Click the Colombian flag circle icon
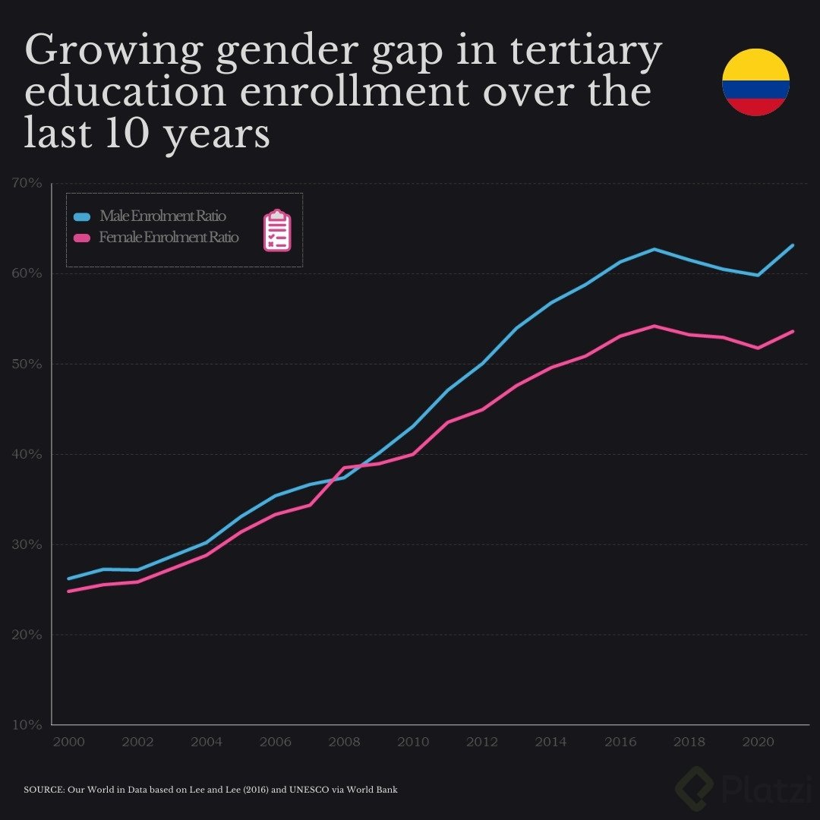click(x=755, y=82)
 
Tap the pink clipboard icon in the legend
click(x=277, y=230)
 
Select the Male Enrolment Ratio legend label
click(x=162, y=216)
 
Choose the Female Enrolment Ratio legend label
click(x=169, y=237)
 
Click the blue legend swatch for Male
click(x=82, y=216)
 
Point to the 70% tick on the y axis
click(x=27, y=183)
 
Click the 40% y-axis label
click(x=27, y=454)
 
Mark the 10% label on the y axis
click(x=27, y=725)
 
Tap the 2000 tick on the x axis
click(x=68, y=742)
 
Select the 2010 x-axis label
click(x=413, y=742)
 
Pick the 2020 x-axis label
click(x=758, y=742)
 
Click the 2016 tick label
click(x=620, y=742)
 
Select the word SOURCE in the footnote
click(x=43, y=790)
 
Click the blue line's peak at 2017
click(x=654, y=249)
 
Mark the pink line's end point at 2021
click(x=793, y=331)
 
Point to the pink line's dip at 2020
click(x=758, y=348)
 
